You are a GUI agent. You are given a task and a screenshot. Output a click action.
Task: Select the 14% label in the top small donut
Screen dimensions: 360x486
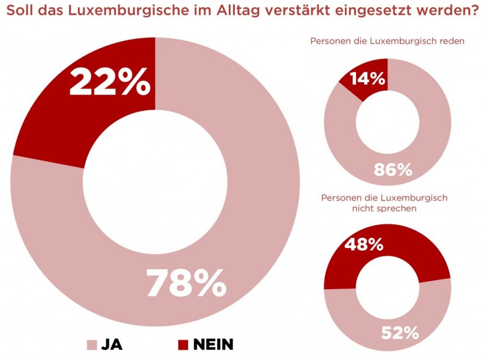pos(368,79)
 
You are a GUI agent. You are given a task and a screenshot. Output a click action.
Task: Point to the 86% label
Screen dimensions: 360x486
pos(393,169)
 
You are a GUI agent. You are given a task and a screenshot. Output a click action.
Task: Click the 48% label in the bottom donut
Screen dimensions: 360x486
pos(364,245)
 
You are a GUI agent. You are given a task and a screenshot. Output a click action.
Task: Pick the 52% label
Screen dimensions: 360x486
pos(400,333)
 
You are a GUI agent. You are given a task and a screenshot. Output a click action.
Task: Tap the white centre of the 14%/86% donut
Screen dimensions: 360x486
pos(388,122)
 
